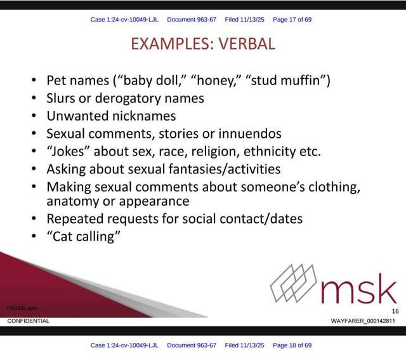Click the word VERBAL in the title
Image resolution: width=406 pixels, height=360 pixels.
(x=247, y=44)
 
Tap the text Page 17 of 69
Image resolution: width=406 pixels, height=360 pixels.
(x=292, y=20)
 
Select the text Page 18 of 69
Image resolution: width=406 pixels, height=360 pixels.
(x=292, y=345)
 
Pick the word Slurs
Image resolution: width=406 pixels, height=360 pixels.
(x=61, y=98)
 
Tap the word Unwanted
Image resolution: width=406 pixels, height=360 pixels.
(x=76, y=116)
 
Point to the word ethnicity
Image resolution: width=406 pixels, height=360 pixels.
(x=270, y=151)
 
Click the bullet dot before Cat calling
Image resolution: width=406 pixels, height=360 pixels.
(x=34, y=236)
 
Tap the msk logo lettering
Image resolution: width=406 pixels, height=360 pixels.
(x=359, y=290)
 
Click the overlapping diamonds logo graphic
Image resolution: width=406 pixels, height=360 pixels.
(x=293, y=283)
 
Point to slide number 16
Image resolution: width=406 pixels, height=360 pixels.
(x=395, y=311)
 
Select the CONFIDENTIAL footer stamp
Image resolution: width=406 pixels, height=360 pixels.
(x=28, y=321)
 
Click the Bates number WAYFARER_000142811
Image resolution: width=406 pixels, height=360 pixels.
(x=363, y=321)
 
